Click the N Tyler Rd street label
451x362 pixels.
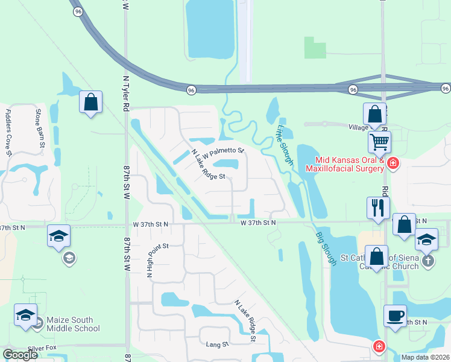(x=127, y=94)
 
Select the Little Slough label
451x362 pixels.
(x=284, y=145)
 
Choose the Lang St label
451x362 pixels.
(x=218, y=345)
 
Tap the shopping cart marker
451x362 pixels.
(x=379, y=142)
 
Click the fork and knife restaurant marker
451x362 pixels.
(x=378, y=208)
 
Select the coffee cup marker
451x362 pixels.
(x=395, y=316)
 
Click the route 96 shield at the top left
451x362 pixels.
(x=77, y=11)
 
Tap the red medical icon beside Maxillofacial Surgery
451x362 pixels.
(x=393, y=164)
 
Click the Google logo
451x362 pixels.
(x=20, y=355)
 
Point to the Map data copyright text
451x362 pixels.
(x=425, y=357)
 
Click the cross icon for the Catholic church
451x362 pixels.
(x=427, y=261)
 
